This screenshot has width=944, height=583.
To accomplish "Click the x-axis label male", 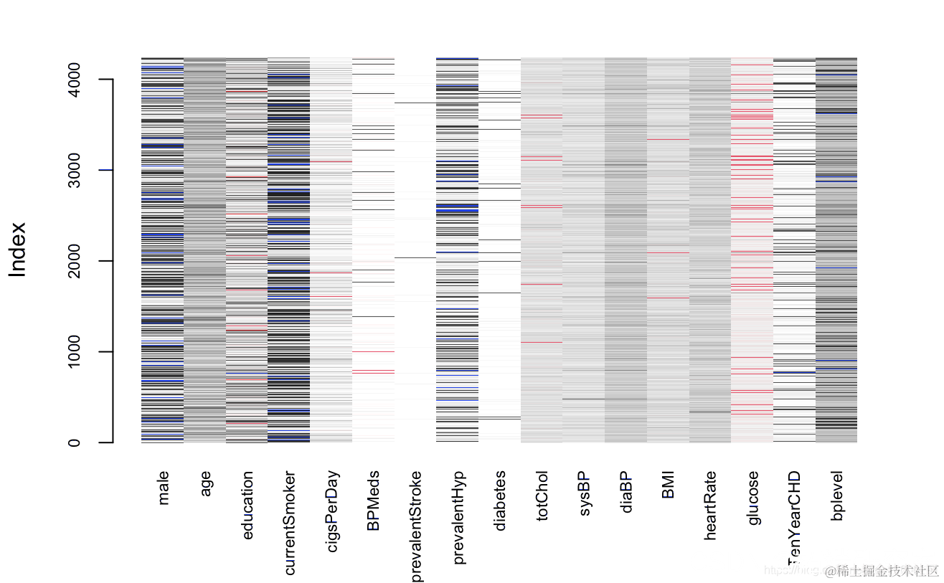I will (164, 488).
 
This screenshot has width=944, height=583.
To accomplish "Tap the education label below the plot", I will (247, 505).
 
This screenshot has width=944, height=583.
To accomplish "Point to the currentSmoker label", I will (290, 523).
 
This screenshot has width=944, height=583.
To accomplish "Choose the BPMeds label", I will (374, 501).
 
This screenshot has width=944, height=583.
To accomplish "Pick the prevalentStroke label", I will (416, 526).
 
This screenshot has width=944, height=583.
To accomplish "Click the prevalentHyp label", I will (458, 517).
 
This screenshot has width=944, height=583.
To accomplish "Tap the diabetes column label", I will (500, 501).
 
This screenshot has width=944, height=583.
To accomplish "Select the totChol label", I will (542, 496).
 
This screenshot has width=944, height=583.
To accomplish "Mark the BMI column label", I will (669, 485).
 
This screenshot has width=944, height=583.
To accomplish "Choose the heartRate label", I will (711, 505).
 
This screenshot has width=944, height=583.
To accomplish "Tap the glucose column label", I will (752, 498).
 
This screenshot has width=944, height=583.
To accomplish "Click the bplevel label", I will (837, 495).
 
